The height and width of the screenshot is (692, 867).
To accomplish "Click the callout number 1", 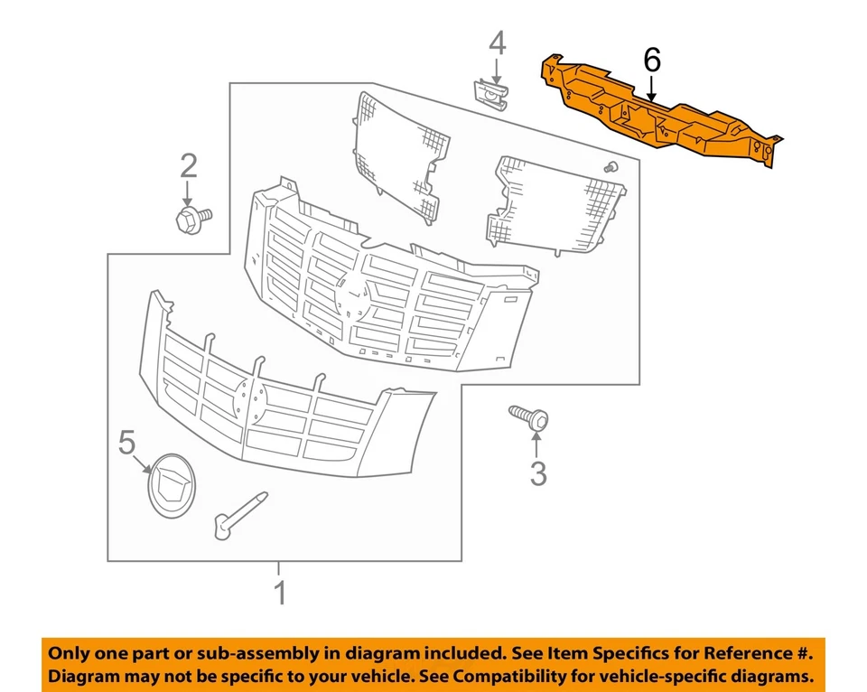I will coord(280,594).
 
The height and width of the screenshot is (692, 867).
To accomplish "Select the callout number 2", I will coord(189,165).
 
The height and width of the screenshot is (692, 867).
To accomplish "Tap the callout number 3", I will coord(538,472).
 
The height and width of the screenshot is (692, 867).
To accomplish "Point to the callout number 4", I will coord(498,42).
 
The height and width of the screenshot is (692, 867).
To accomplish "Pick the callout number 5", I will coord(126,442).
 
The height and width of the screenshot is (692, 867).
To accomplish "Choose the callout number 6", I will coord(651,61).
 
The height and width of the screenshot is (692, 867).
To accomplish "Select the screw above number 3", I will coord(529,416).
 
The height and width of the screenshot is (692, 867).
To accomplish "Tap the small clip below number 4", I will coord(491,92).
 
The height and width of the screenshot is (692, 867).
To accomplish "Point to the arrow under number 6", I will coord(651,87).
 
